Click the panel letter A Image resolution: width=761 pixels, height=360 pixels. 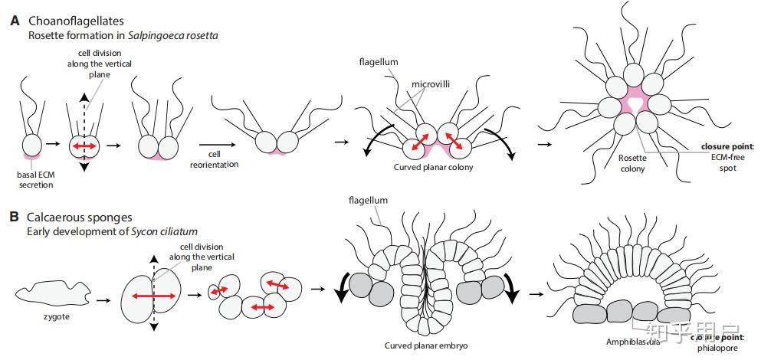14,21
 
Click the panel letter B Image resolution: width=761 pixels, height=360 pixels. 14,217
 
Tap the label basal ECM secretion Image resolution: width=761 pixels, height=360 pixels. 34,178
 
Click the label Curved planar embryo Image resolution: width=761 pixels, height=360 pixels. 426,345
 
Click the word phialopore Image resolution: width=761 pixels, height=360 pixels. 726,349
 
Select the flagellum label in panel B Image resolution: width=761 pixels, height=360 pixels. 366,201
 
